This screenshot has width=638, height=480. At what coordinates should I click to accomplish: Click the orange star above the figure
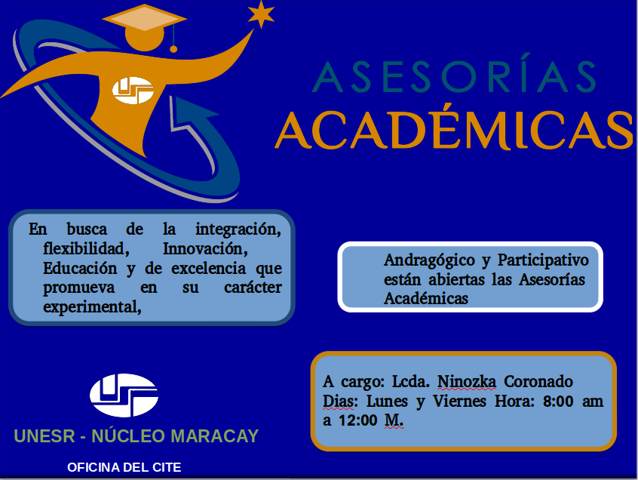tap(261, 14)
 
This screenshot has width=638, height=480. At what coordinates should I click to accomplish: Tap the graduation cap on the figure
tap(145, 17)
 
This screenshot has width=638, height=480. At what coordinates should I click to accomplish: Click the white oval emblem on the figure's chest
tap(133, 90)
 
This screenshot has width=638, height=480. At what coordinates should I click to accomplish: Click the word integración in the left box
tap(238, 229)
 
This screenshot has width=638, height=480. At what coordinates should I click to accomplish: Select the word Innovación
tap(205, 248)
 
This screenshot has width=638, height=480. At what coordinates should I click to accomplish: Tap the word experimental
tap(92, 308)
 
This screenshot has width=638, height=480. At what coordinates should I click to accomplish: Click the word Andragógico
tap(429, 260)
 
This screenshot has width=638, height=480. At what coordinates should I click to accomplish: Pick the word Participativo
tap(543, 260)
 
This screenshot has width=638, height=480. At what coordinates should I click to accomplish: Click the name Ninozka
tap(467, 382)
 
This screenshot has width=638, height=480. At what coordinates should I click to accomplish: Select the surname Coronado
tap(538, 382)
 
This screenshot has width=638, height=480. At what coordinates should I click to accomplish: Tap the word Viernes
tap(459, 402)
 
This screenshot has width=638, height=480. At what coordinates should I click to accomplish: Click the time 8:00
tap(558, 402)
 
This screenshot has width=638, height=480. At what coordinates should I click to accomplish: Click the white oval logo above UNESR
tap(124, 395)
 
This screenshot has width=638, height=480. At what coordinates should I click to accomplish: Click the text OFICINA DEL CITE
tap(124, 467)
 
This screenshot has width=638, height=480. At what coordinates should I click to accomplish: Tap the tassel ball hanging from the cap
tap(173, 49)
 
